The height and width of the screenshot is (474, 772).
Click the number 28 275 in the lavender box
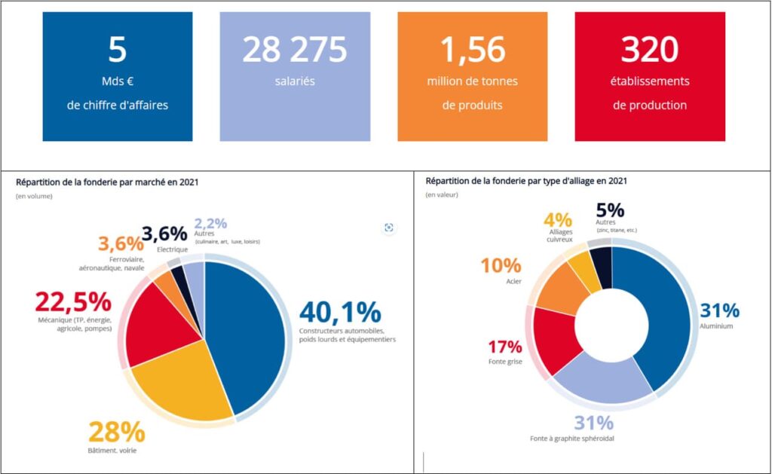coord(295,50)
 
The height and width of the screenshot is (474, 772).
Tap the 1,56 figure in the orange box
coord(472,50)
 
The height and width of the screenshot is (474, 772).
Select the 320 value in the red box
coord(649,50)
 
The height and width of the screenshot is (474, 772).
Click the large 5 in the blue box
coord(117,50)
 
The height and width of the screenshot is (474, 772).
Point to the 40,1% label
coord(340,312)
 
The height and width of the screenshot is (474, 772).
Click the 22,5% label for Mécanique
coord(73,302)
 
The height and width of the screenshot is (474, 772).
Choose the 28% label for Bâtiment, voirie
coord(116,433)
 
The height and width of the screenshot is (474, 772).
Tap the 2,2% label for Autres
coord(210,224)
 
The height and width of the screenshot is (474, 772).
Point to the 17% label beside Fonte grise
coord(505,347)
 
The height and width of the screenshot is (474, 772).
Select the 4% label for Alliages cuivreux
coord(558,220)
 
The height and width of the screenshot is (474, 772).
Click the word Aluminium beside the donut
coord(716,326)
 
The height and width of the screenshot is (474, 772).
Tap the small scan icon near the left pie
coord(389,228)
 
